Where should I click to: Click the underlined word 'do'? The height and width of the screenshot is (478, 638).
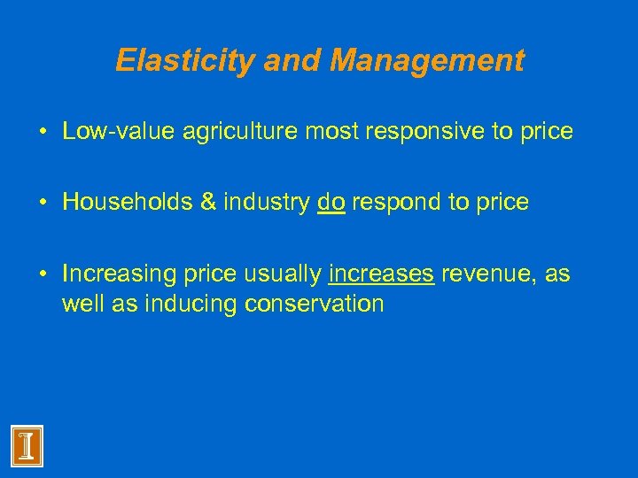tap(331, 203)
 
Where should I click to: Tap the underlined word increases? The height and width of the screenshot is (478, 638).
tap(381, 274)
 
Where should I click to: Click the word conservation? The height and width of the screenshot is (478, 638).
tap(314, 304)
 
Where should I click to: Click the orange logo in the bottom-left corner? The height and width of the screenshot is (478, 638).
tap(27, 444)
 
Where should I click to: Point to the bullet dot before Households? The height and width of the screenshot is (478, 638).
tap(43, 203)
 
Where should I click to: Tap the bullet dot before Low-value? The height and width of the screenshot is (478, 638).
tap(43, 132)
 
